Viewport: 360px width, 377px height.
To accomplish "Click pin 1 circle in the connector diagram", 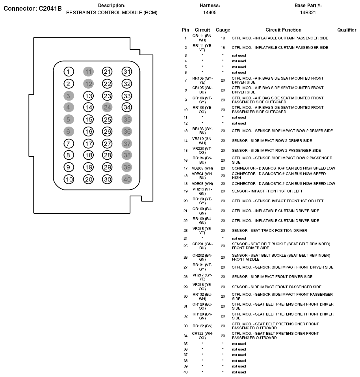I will click(x=69, y=71).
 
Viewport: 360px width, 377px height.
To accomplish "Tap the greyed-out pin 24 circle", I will click(x=107, y=107).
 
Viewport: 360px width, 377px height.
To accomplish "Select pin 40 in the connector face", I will click(x=126, y=179).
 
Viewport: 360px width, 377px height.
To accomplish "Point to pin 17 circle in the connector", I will click(x=88, y=144).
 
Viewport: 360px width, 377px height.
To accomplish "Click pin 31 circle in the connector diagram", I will click(x=126, y=71).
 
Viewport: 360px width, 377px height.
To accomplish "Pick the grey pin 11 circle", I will click(x=88, y=71).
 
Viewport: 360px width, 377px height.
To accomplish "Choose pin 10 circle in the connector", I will click(x=69, y=179).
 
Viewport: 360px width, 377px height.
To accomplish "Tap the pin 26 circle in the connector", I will click(x=107, y=132).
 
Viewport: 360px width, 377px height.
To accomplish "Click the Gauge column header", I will click(x=223, y=30).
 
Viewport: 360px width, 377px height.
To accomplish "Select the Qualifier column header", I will click(x=347, y=30).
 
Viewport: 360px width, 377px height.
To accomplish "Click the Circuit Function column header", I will click(x=283, y=30).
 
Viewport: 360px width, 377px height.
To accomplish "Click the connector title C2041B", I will click(x=33, y=8).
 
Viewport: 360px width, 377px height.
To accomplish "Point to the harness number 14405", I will click(x=210, y=13).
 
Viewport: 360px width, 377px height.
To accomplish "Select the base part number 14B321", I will click(x=308, y=13).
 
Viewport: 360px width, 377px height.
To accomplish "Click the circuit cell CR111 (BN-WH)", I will click(x=202, y=38).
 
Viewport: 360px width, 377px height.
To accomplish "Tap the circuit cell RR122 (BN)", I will click(x=202, y=326).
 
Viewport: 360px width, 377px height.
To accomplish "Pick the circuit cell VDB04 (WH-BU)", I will click(x=202, y=175).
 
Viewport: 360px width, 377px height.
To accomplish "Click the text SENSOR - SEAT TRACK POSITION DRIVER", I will click(x=269, y=231).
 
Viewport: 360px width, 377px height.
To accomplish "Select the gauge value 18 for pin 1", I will click(x=223, y=38).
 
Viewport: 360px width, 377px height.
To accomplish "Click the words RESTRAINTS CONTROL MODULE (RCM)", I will click(x=111, y=13).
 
